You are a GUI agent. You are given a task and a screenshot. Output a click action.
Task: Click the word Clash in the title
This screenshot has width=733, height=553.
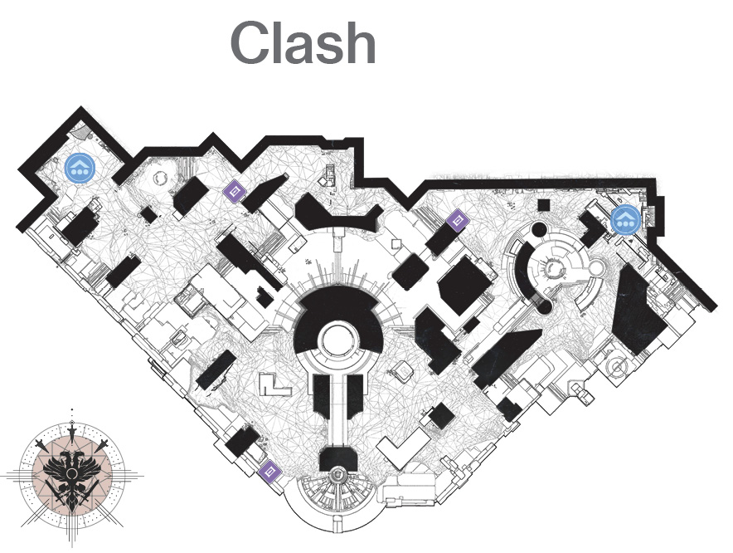tap(303, 43)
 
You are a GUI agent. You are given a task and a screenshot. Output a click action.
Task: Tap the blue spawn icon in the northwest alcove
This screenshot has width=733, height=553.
tap(80, 167)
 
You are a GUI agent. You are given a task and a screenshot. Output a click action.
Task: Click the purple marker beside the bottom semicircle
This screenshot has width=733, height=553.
tap(269, 471)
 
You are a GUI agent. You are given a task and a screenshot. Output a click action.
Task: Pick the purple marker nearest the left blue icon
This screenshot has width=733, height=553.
tap(234, 191)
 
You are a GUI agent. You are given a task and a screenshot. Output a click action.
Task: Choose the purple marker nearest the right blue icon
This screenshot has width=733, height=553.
tap(456, 220)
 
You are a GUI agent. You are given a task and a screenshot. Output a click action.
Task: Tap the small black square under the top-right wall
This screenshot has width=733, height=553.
tap(543, 205)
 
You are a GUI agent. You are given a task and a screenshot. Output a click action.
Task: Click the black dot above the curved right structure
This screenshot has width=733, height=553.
tap(538, 230)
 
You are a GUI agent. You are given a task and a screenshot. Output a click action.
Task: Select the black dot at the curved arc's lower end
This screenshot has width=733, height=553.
tap(544, 306)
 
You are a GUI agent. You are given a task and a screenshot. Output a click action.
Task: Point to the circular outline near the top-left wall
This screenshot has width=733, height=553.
tap(159, 178)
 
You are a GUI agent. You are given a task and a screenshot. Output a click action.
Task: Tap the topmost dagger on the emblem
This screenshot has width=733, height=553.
tap(72, 428)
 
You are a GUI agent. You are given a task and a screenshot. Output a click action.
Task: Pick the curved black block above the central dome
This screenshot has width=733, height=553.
tap(338, 215)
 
